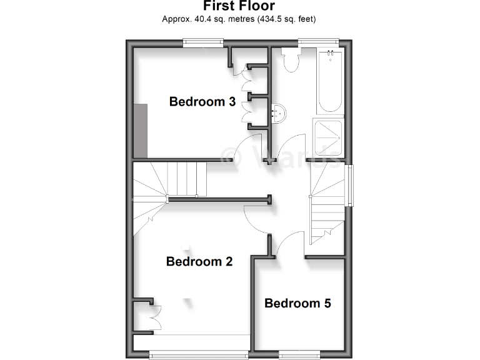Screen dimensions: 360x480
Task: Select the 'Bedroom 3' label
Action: coord(202,102)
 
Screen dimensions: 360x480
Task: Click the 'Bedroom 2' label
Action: coord(199,262)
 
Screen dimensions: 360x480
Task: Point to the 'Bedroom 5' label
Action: coord(297,304)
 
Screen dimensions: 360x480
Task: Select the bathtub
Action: coord(329,82)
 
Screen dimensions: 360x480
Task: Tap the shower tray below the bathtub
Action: coord(329,137)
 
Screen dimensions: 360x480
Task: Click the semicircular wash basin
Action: coord(280,113)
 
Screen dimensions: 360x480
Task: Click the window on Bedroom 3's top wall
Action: coord(203,42)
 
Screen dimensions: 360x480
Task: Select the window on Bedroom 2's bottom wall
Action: coord(199,355)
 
